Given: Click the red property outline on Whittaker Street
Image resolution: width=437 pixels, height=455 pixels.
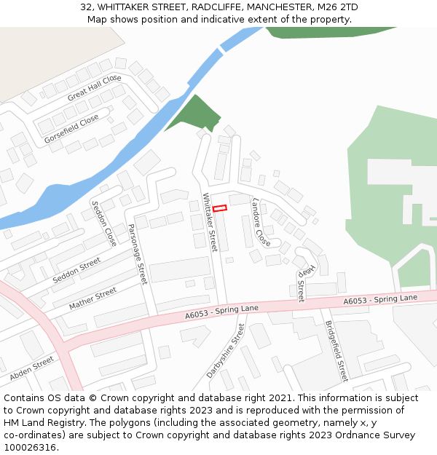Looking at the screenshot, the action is coord(219,209).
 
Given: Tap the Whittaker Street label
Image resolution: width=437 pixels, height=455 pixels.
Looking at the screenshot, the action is coord(210,222).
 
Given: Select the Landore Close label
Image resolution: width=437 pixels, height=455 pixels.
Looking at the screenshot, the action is coord(261,221).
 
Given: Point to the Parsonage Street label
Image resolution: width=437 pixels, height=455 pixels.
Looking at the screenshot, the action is coord(138,253).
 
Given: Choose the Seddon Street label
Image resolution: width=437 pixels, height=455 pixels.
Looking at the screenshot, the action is coord(76,270).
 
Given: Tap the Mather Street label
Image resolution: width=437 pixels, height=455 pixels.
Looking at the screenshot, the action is coord(92,298).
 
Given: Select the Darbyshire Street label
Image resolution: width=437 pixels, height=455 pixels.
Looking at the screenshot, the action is coord(226,351).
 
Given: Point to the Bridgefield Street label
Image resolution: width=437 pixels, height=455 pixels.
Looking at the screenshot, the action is coord(336,351).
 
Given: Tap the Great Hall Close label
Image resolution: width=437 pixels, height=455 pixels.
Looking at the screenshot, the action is coord(94,88).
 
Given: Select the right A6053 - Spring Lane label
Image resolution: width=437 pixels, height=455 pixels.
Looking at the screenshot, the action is coord(380,298).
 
